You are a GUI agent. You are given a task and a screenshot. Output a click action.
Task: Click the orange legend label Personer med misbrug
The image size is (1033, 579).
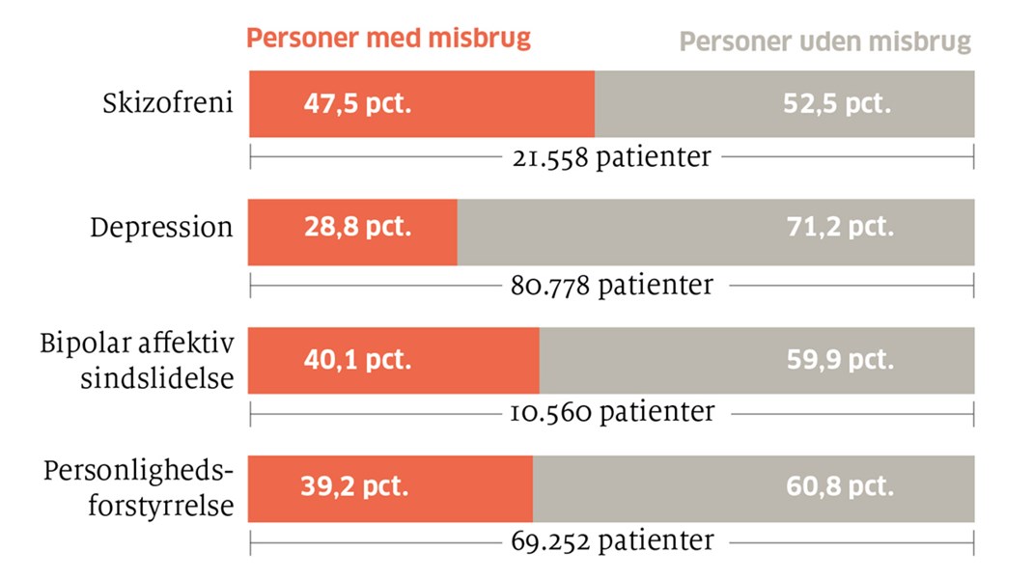point(389,39)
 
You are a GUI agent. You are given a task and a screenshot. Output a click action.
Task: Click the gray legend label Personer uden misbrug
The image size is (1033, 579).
point(825,42)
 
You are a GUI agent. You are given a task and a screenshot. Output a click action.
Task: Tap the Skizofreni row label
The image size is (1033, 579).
point(168,103)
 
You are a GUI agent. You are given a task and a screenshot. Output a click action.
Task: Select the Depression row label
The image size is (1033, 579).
point(162,229)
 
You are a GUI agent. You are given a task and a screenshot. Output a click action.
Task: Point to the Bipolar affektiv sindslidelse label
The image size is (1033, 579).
point(137,360)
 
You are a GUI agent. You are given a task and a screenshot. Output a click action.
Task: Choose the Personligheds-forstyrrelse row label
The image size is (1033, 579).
point(138,487)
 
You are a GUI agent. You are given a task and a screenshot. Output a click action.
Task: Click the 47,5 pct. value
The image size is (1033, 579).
point(357,104)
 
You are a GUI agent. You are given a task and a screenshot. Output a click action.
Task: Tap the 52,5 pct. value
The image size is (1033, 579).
point(836,104)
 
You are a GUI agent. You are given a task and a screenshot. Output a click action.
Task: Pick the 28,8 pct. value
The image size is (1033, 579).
point(357,230)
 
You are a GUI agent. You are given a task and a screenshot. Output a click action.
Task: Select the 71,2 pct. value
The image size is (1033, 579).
point(840,230)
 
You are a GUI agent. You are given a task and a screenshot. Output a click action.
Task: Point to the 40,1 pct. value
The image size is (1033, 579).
point(356,361)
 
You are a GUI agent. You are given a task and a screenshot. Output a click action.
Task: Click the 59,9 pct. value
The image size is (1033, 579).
point(840,361)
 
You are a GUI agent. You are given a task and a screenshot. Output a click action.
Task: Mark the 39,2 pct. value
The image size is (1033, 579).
point(355,486)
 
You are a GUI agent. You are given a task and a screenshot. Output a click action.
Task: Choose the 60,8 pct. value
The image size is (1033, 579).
point(840,486)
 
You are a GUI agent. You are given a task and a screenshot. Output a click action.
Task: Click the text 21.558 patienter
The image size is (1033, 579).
point(611,157)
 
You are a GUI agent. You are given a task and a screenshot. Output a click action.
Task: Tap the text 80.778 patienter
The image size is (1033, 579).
point(611,285)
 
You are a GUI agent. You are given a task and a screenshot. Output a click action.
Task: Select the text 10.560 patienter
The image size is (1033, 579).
point(611,412)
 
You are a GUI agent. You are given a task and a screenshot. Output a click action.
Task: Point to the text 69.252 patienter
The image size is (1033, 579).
point(611,540)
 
